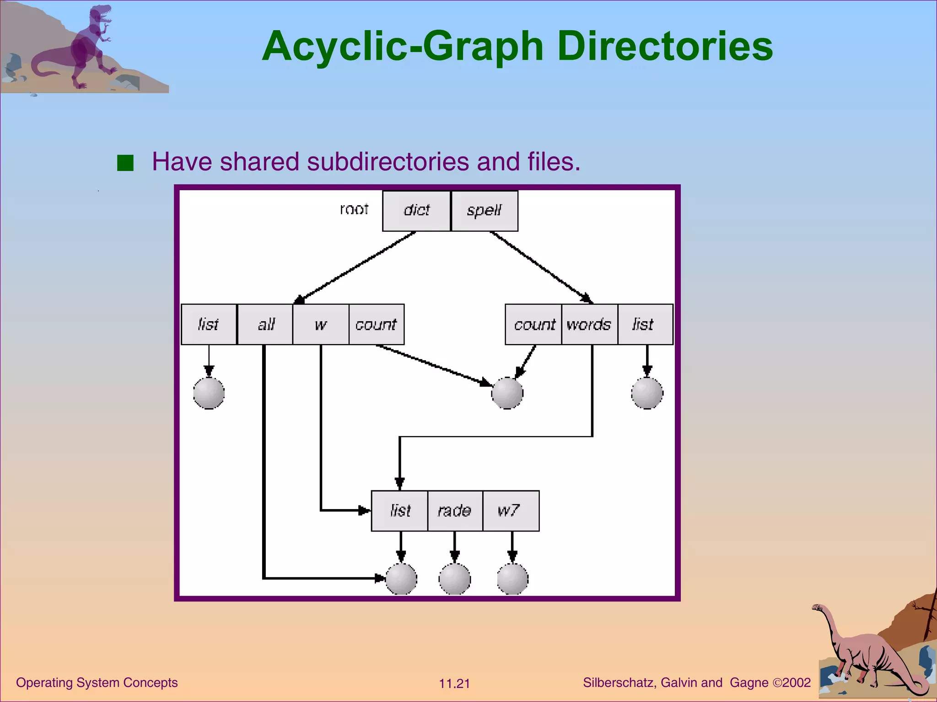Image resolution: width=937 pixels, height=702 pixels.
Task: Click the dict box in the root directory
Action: tap(416, 211)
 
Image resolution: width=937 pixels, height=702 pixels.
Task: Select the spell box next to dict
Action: tap(485, 211)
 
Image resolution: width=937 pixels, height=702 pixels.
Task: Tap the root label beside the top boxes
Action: tap(354, 209)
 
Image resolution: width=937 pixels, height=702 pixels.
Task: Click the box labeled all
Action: tap(265, 324)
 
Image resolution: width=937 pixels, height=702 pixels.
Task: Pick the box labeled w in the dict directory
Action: tap(321, 324)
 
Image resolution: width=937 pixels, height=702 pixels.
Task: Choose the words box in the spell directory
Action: tap(589, 324)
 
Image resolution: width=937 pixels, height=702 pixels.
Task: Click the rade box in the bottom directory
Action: tap(455, 511)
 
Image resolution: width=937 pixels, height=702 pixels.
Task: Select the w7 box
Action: tap(511, 511)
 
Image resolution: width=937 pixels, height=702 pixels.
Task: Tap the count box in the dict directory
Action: tap(376, 324)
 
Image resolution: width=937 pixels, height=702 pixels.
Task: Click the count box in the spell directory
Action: tap(533, 324)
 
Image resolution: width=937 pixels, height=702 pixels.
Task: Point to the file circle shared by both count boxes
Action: tap(507, 393)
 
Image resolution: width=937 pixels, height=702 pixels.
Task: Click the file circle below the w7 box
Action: tap(512, 579)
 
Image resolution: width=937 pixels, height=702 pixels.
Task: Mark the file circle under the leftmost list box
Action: tap(209, 393)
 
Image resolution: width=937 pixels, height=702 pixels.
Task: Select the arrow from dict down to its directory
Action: tap(355, 267)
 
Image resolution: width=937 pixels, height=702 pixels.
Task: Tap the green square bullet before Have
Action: tap(125, 163)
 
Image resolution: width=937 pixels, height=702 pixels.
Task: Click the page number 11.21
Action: tap(454, 684)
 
